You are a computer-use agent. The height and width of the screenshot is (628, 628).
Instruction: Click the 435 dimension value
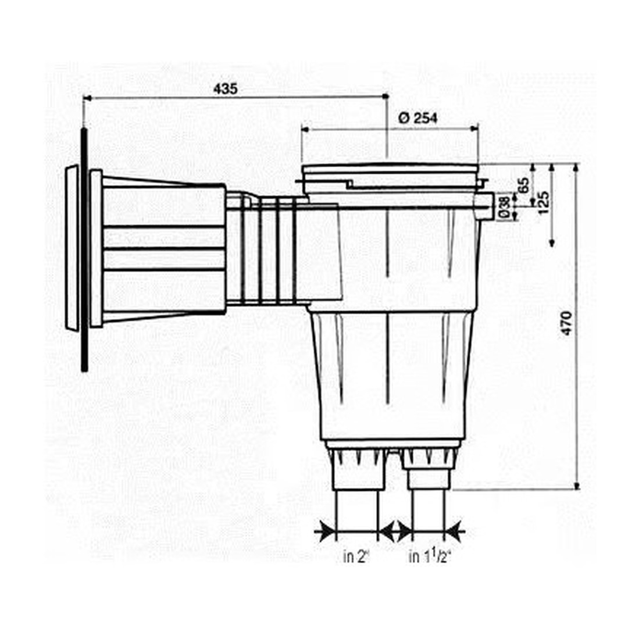coord(226,89)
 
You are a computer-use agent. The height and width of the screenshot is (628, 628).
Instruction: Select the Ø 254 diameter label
coord(418,118)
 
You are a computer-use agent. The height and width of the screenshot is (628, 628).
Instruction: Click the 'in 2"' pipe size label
coord(356,557)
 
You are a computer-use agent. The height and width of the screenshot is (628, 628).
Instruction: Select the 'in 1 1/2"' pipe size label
coord(430,557)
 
